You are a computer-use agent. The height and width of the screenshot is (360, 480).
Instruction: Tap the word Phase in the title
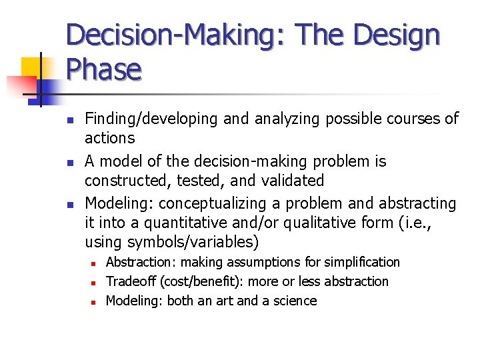pos(104,69)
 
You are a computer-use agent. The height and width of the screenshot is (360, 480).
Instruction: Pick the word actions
pos(110,139)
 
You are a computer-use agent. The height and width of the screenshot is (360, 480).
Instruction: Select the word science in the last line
pos(294,301)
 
